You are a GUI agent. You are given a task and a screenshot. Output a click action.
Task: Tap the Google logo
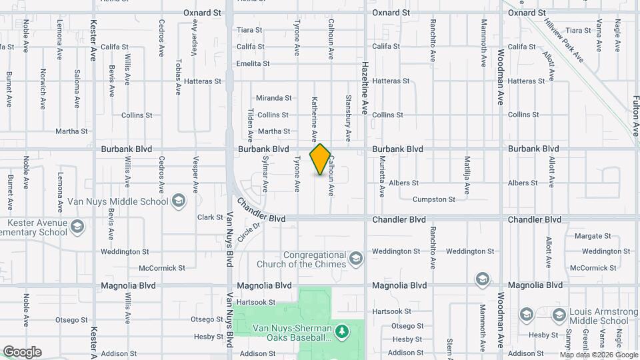(x=22, y=352)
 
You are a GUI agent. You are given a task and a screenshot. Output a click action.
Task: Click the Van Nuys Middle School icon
(x=179, y=201)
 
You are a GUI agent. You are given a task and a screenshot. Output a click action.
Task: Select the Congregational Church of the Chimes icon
(x=357, y=258)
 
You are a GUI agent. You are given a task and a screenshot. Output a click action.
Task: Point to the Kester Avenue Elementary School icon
(x=77, y=227)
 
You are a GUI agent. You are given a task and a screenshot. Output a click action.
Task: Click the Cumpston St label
(x=433, y=199)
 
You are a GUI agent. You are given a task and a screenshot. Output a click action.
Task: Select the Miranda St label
(x=274, y=98)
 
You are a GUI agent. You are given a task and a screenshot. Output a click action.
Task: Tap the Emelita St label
(x=253, y=64)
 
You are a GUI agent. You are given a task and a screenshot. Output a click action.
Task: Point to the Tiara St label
(x=250, y=30)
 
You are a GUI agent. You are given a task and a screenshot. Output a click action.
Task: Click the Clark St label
(x=210, y=217)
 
